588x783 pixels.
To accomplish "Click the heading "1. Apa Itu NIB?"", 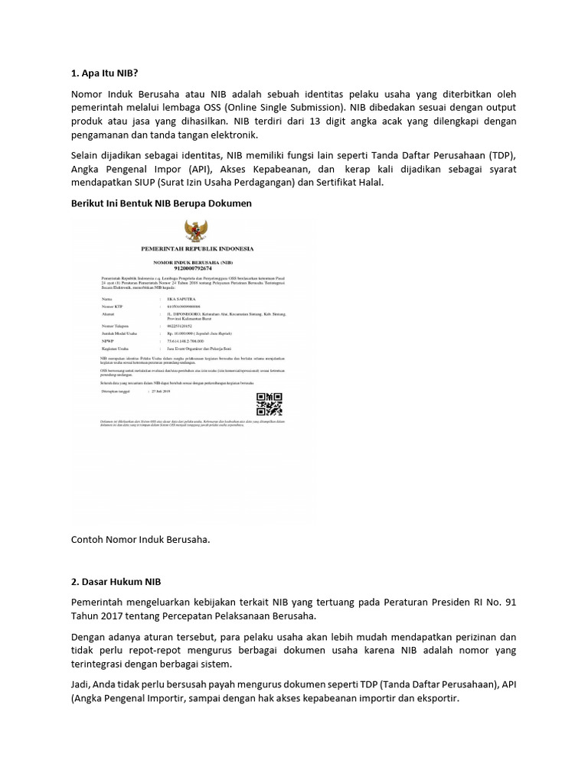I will pyautogui.click(x=104, y=74).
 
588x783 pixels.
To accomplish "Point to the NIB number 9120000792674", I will pyautogui.click(x=198, y=267).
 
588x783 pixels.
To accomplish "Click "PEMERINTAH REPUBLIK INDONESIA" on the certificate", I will pyautogui.click(x=197, y=249).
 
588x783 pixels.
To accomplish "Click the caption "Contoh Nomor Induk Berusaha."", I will pyautogui.click(x=140, y=539).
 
